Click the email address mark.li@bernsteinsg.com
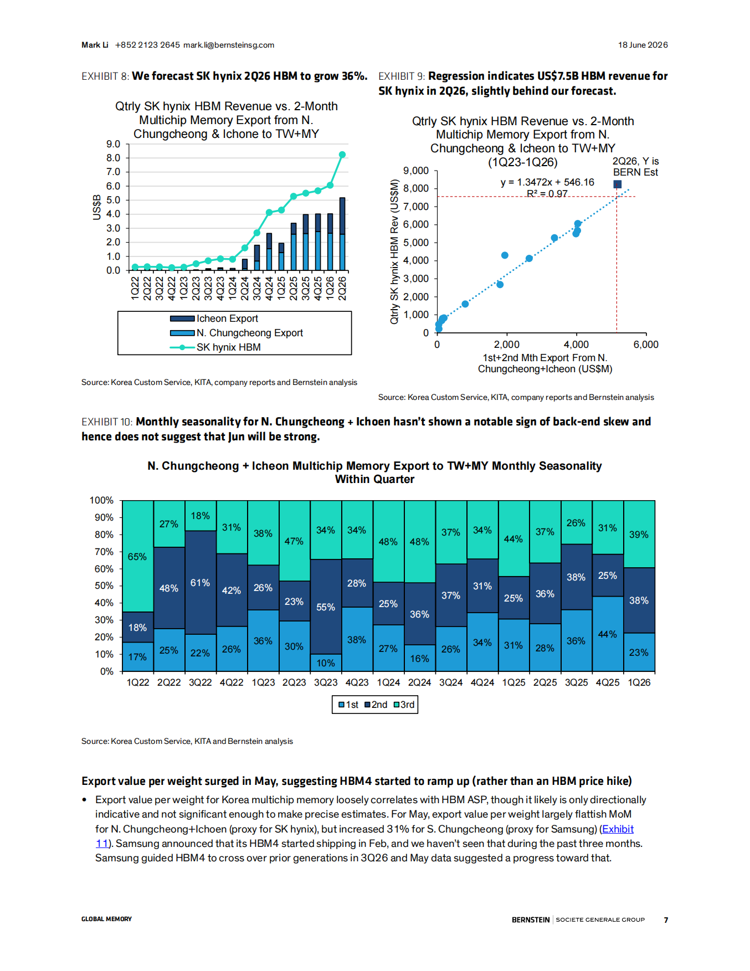click(x=229, y=45)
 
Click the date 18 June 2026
click(x=643, y=45)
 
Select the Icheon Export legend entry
click(x=214, y=318)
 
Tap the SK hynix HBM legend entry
click(x=215, y=347)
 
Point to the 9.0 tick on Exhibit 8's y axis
click(x=113, y=144)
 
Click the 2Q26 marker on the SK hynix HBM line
click(x=342, y=155)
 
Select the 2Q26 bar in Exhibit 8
click(x=342, y=234)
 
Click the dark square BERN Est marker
click(x=618, y=184)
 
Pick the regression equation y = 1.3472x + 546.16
click(x=547, y=182)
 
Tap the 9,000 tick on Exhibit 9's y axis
click(x=416, y=171)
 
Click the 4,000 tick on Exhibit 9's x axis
click(x=576, y=345)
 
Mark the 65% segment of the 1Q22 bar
click(x=138, y=556)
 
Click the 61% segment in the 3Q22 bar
click(x=201, y=582)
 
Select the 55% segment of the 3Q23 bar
click(x=326, y=607)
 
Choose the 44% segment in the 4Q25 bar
click(x=608, y=634)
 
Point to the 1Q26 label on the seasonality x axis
click(x=639, y=682)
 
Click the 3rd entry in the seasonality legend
click(x=404, y=705)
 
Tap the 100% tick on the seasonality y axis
click(x=101, y=500)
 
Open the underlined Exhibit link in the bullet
click(x=618, y=829)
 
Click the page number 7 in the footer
click(x=666, y=920)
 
